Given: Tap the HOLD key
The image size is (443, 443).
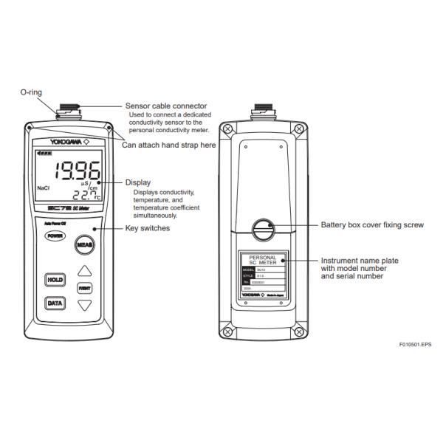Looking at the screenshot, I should [x=55, y=280].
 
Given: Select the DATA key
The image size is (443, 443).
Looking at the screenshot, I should [x=55, y=303].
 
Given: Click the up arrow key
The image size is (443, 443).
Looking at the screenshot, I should [x=86, y=271].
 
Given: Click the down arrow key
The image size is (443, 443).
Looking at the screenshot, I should [x=86, y=303].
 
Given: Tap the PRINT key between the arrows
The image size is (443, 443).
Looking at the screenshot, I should [x=86, y=286].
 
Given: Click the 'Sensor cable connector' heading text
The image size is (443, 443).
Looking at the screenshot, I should [x=165, y=106].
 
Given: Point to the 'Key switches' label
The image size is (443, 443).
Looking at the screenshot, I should [x=148, y=229].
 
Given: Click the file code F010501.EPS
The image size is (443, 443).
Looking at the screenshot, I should [x=414, y=345].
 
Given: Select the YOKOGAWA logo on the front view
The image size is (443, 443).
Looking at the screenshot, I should [x=68, y=140].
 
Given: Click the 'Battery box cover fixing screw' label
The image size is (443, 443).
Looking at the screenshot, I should [x=372, y=224].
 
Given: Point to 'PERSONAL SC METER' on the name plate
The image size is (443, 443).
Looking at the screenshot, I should [x=264, y=261].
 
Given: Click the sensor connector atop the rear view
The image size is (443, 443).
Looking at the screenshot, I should [x=264, y=111].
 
